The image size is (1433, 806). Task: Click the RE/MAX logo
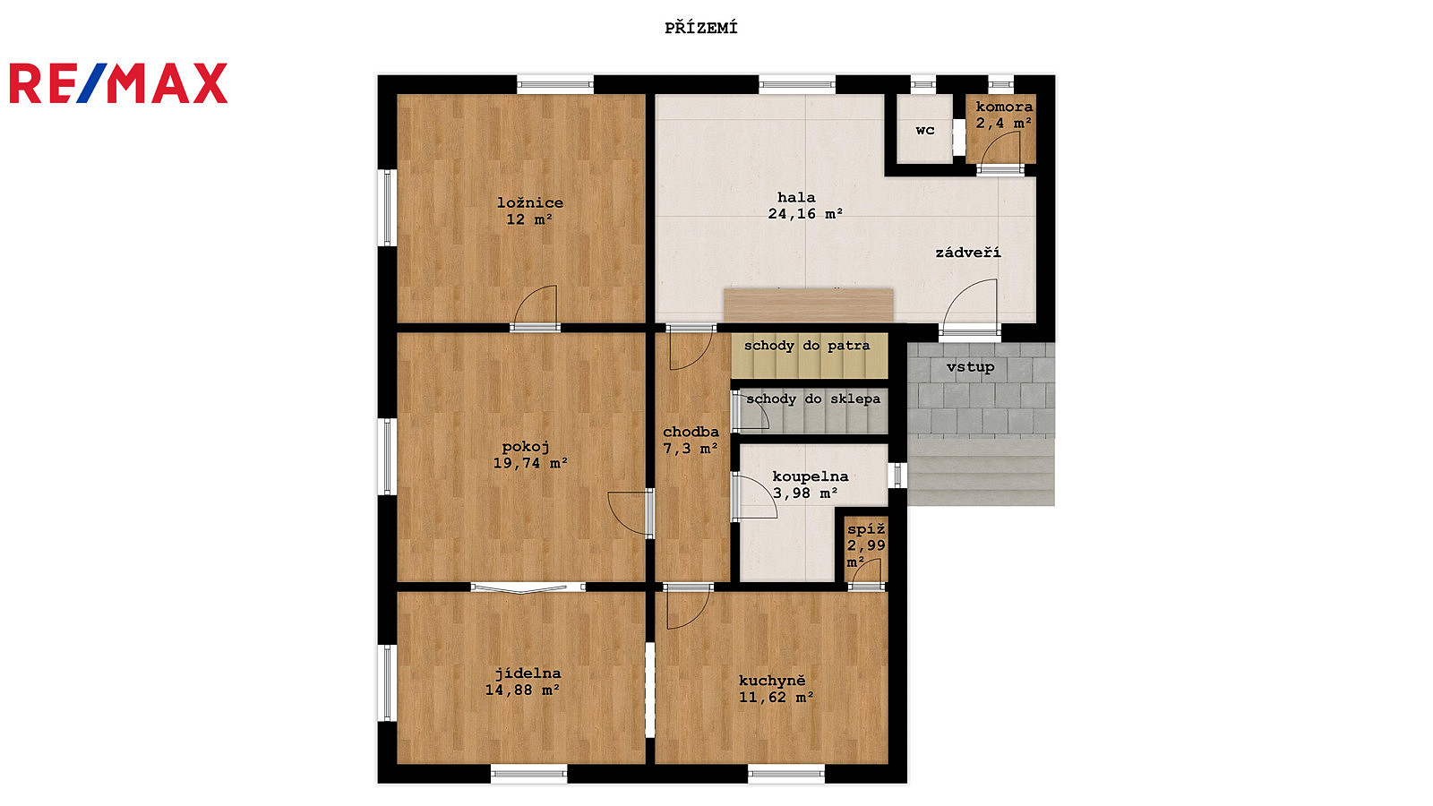coord(118,83)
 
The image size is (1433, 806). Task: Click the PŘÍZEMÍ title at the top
coord(701,28)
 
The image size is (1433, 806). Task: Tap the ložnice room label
coord(530,203)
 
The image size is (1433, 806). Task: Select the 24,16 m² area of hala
coord(805,214)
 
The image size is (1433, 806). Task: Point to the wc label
coord(925,131)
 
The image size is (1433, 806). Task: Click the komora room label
coord(1004,107)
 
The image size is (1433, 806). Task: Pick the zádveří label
coord(968,252)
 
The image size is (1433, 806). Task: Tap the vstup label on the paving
coord(971,367)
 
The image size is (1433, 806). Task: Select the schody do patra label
coord(807,346)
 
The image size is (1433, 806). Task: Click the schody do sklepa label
coord(813,399)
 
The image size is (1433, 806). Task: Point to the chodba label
coord(691,432)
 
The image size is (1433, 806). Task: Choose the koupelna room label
coord(811,476)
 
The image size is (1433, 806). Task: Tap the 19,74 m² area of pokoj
coord(530,463)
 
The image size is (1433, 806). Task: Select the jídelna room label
coord(528,673)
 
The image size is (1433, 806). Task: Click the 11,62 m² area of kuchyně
coord(776,698)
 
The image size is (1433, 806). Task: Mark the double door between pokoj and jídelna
coord(528,587)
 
